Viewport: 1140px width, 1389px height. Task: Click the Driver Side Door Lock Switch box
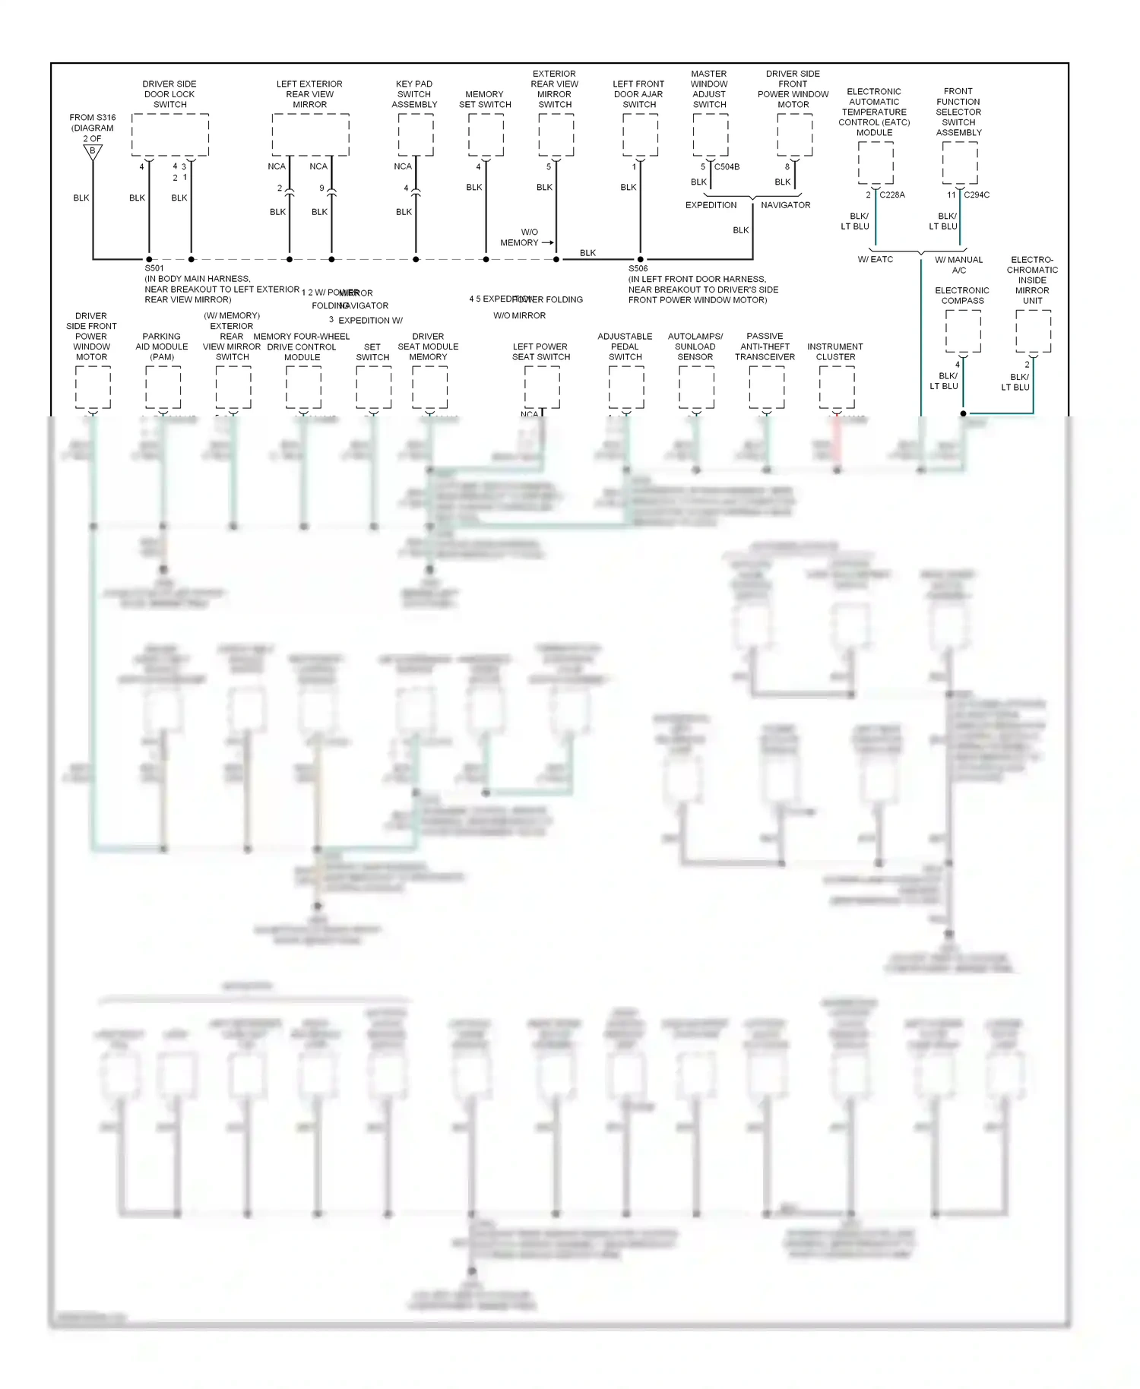[169, 134]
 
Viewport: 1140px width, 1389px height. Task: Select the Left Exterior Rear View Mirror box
[310, 134]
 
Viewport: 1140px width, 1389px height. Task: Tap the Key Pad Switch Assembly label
[414, 94]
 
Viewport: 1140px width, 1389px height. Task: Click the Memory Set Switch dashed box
[486, 134]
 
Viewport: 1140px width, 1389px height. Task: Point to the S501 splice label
[154, 268]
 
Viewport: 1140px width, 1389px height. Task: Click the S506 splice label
[638, 268]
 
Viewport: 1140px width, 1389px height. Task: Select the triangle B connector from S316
[93, 151]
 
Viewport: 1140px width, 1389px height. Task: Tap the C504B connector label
[727, 166]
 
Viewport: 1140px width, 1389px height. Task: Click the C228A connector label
[892, 195]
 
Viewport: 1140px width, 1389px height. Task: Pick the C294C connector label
[977, 195]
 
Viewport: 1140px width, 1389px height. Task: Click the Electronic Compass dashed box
[963, 331]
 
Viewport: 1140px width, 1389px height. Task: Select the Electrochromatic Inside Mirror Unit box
[1033, 331]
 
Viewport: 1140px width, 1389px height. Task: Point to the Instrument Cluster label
[835, 352]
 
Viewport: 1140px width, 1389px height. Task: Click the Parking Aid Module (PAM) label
[162, 346]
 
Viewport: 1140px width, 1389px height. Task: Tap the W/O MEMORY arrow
[547, 242]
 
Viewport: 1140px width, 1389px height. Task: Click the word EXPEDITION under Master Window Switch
[711, 205]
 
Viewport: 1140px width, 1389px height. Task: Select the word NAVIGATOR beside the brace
[785, 205]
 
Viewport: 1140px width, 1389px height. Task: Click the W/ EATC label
[876, 259]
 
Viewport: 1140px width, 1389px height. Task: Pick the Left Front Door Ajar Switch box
[640, 134]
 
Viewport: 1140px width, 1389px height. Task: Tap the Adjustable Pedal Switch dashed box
[626, 387]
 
